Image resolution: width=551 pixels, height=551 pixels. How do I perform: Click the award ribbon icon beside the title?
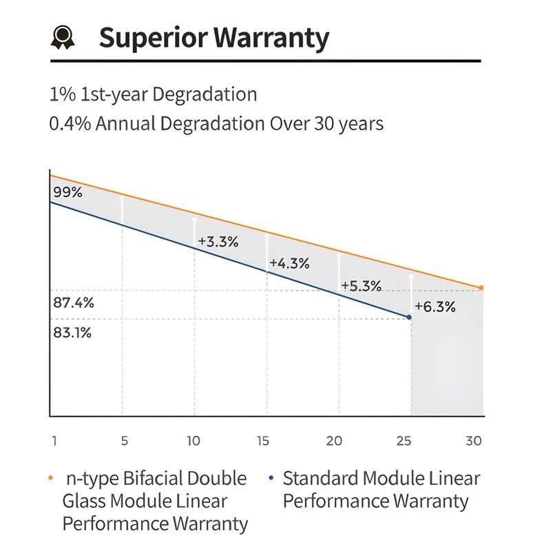(61, 37)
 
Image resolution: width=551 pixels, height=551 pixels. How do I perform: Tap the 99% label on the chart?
(67, 193)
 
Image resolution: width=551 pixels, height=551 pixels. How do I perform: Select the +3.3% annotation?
(218, 242)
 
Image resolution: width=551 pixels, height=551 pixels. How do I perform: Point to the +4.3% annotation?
(289, 264)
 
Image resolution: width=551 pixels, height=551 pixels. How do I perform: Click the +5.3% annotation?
(362, 286)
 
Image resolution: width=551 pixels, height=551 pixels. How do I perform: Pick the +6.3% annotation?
(435, 307)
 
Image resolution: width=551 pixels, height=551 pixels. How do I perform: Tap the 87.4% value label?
(73, 303)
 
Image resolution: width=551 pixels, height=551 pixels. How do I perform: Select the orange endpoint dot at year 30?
(481, 287)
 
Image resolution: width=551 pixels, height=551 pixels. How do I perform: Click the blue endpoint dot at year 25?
(409, 317)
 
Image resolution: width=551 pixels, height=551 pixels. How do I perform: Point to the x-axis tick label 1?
(54, 441)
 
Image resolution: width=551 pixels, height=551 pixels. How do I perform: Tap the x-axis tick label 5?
(125, 441)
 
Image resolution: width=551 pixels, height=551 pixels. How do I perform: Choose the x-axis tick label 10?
(194, 441)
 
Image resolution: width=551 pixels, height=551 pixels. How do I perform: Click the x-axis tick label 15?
(262, 441)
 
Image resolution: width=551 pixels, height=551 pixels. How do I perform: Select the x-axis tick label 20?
(334, 441)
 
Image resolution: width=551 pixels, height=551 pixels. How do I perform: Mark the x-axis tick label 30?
(473, 441)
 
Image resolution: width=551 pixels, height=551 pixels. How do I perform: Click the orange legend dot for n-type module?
(52, 477)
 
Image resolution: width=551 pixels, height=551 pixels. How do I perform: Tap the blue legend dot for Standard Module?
(272, 477)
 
